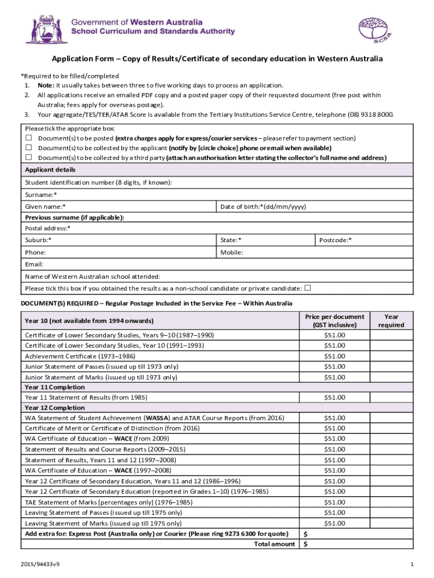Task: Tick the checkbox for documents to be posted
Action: click(x=28, y=138)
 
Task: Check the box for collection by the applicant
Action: click(x=28, y=148)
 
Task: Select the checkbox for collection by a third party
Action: click(x=28, y=157)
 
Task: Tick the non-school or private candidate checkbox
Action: click(x=307, y=288)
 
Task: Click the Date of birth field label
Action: click(x=263, y=207)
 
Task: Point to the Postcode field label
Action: click(x=335, y=240)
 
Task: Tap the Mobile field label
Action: click(x=232, y=252)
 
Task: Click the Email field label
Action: click(x=34, y=264)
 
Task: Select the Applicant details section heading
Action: click(x=50, y=170)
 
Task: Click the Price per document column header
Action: click(x=334, y=321)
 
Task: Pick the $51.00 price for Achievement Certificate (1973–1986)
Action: click(x=334, y=356)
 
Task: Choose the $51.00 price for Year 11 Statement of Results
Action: click(x=334, y=397)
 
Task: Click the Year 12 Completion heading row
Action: click(x=55, y=408)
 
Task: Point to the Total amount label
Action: click(x=274, y=544)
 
